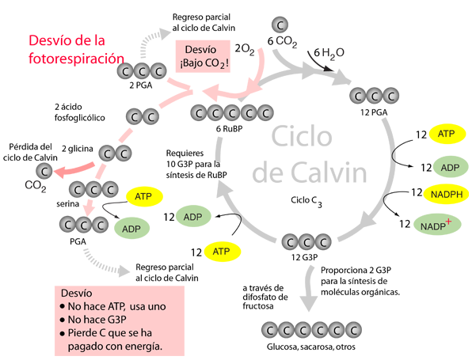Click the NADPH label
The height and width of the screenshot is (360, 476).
pyautogui.click(x=447, y=195)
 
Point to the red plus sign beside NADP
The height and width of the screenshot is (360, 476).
pyautogui.click(x=448, y=223)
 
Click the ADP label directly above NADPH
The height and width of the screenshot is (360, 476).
pyautogui.click(x=450, y=168)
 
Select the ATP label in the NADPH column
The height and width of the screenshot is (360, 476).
pyautogui.click(x=447, y=135)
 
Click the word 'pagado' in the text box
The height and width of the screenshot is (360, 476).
pyautogui.click(x=86, y=346)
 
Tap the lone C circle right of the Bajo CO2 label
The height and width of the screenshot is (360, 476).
pyautogui.click(x=280, y=26)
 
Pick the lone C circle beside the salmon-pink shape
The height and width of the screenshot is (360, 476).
pyautogui.click(x=45, y=170)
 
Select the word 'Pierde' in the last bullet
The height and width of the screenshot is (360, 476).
pyautogui.click(x=86, y=333)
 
